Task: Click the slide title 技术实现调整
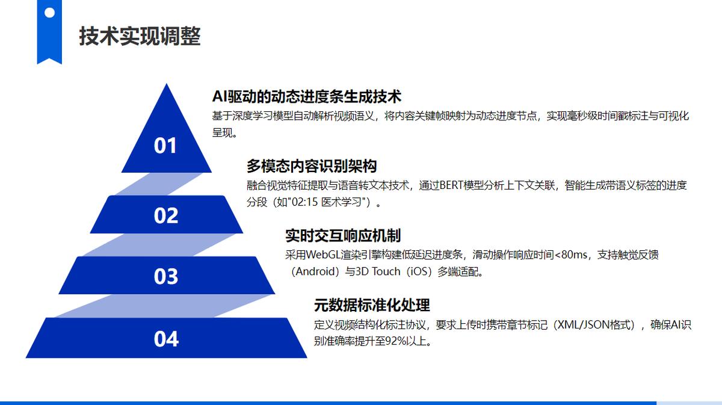pos(140,36)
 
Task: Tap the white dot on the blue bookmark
pos(49,13)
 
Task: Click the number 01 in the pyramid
pos(165,146)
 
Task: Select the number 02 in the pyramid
pos(166,215)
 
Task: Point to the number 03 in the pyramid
pos(166,276)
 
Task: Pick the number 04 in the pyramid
pos(166,339)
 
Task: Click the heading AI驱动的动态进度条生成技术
pos(307,96)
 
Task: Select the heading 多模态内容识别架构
pos(312,166)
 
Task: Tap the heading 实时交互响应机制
pos(343,236)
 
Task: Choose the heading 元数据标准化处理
pos(372,305)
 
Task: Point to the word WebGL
pos(323,255)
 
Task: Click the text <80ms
pos(570,255)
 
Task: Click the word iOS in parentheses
pos(419,271)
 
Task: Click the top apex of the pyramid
pos(166,84)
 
